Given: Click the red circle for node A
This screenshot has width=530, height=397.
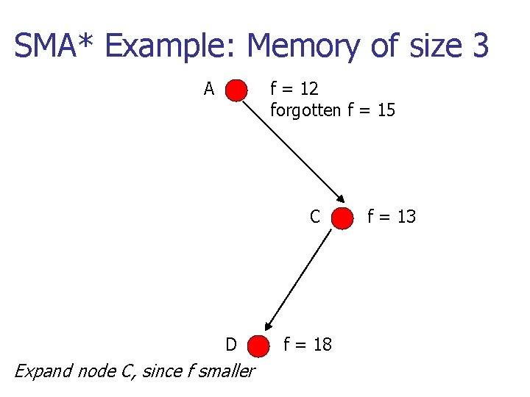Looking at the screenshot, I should [236, 90].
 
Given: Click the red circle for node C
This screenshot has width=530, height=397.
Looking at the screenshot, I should [342, 218].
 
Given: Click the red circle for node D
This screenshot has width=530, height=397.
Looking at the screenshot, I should [258, 345].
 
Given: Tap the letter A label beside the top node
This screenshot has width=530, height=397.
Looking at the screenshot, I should [209, 90].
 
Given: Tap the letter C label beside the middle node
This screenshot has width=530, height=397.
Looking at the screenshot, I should [315, 217].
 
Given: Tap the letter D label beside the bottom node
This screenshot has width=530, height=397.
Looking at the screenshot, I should [231, 345].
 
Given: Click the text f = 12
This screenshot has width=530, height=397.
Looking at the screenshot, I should [294, 89].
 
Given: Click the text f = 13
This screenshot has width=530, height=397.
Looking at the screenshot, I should [392, 216].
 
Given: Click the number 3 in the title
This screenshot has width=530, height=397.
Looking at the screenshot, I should [479, 46].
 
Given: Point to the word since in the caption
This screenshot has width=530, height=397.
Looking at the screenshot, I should [161, 371].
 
